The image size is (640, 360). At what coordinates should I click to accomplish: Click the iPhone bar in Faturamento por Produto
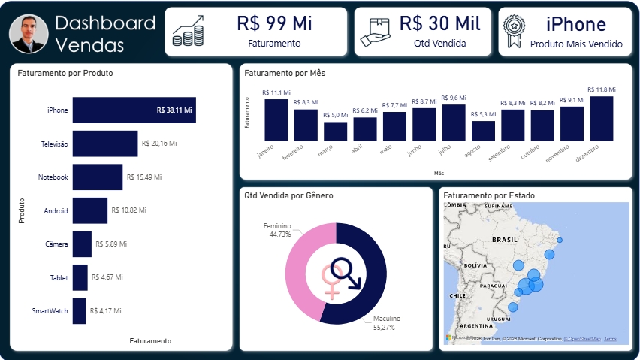[134, 110]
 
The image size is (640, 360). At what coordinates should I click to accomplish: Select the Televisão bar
[104, 144]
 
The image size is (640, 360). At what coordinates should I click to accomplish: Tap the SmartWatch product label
[50, 310]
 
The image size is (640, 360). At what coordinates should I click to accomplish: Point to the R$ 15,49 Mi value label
[144, 177]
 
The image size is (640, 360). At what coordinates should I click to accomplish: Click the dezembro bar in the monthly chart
[601, 118]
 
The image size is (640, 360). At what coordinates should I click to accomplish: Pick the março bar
[335, 131]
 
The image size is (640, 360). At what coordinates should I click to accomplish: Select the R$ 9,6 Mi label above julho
[453, 98]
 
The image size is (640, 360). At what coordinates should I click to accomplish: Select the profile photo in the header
[30, 33]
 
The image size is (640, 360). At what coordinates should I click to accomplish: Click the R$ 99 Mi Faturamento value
[274, 24]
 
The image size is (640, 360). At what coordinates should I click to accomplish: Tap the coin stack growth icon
[188, 32]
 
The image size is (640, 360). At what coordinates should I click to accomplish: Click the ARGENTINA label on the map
[475, 325]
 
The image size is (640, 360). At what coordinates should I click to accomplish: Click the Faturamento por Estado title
[489, 195]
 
